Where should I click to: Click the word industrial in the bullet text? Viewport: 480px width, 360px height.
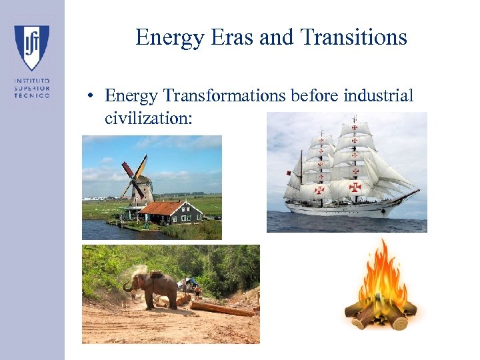[x=379, y=96]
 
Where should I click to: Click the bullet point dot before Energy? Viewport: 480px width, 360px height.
[x=88, y=97]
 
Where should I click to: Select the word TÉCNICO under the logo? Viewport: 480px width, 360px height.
[x=32, y=95]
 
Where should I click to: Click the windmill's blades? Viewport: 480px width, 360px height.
[x=133, y=175]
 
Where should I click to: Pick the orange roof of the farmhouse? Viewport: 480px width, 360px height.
[x=163, y=207]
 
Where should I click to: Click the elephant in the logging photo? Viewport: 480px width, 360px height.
[x=153, y=288]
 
